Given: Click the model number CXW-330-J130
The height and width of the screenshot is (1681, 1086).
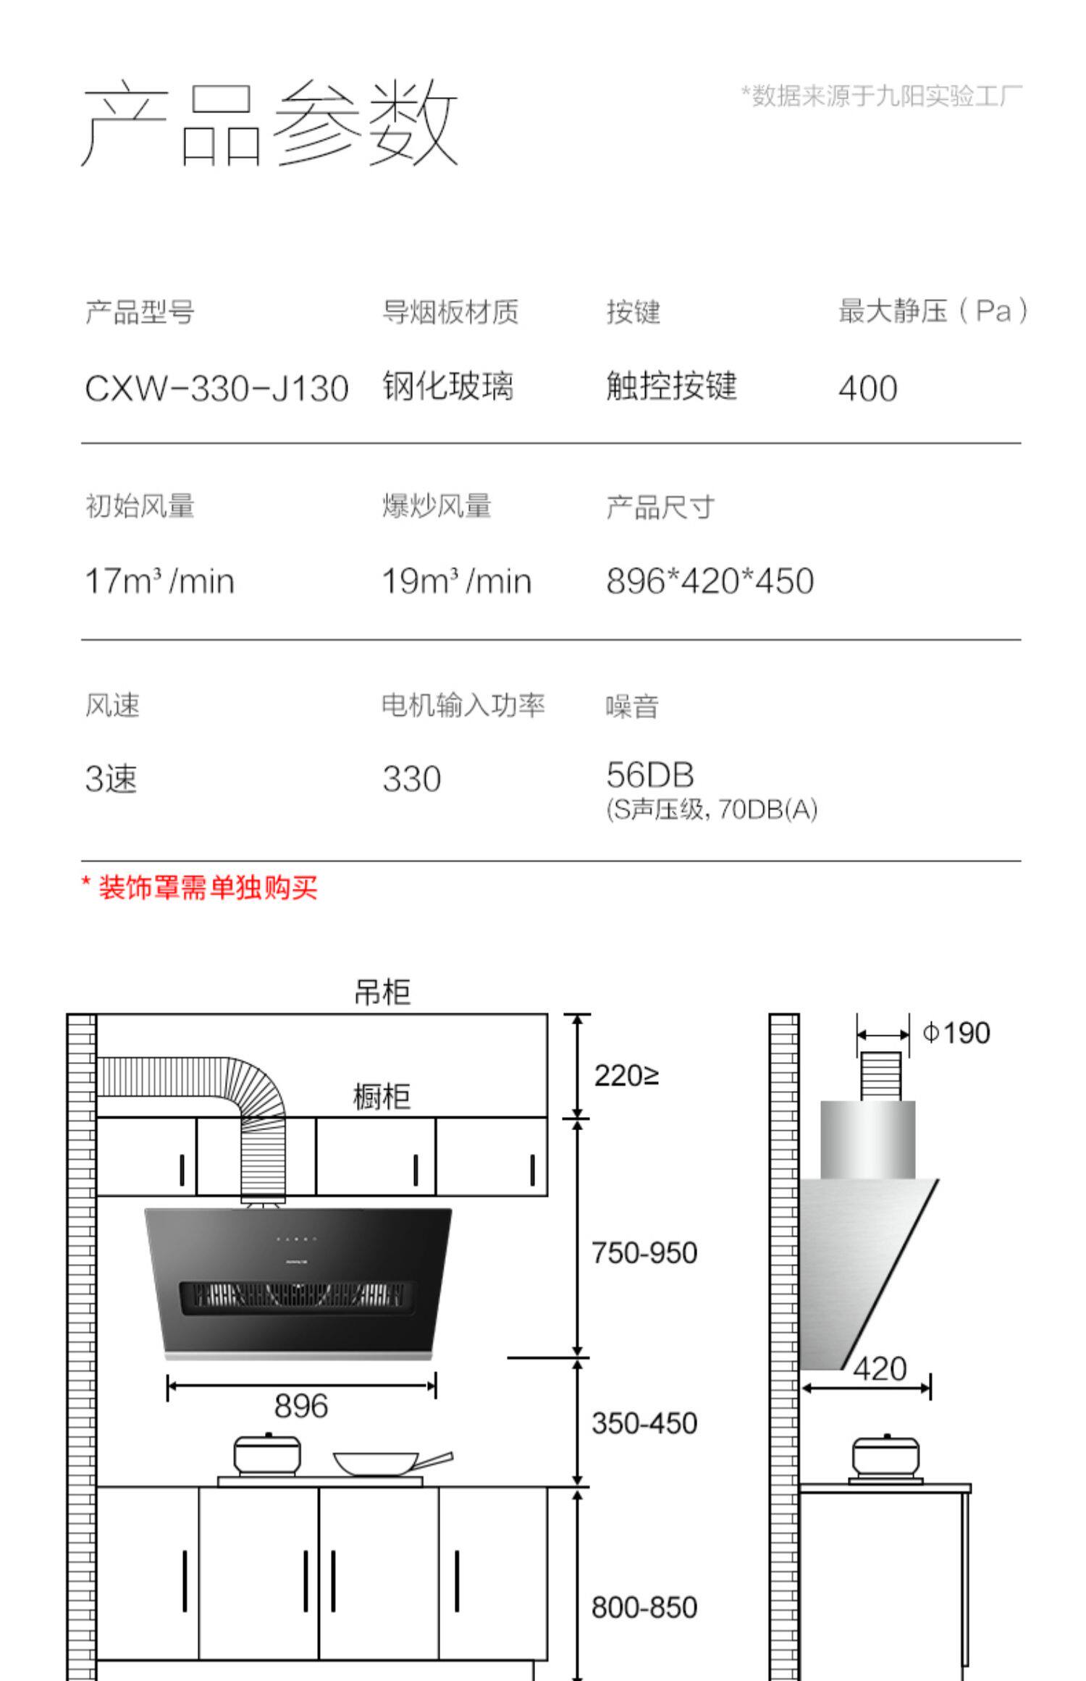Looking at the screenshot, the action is pos(216,388).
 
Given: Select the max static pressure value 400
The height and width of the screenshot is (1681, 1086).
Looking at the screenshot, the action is pos(867,388).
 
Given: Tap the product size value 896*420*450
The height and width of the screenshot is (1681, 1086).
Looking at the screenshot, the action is pos(710,581).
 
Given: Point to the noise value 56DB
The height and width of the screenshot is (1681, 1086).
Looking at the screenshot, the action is pos(649,775).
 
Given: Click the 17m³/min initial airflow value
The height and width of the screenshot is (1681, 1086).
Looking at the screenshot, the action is pos(159,581).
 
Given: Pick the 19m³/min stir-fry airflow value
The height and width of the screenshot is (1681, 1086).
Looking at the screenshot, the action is pos(456,581).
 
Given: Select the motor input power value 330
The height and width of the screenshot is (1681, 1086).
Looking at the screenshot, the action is pos(411,779).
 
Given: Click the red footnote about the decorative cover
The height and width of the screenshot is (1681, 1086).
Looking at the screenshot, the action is pos(199,887).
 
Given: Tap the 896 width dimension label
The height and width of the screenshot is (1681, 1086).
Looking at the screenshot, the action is pos(300,1406).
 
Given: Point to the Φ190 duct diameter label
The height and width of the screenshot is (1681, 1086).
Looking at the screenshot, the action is pos(956,1032).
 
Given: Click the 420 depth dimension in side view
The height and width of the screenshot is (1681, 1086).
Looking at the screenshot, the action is pos(880,1368).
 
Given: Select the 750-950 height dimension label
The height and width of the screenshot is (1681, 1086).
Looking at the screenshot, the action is pos(644,1253).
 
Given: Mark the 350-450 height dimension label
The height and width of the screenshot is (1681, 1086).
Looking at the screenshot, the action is pos(644,1423).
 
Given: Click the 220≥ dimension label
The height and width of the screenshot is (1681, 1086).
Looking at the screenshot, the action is pos(626,1076).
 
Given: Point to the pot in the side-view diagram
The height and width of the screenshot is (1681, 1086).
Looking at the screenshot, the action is pos(885,1457).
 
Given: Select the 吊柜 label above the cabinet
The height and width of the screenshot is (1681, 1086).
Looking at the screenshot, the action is pos(382,992).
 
